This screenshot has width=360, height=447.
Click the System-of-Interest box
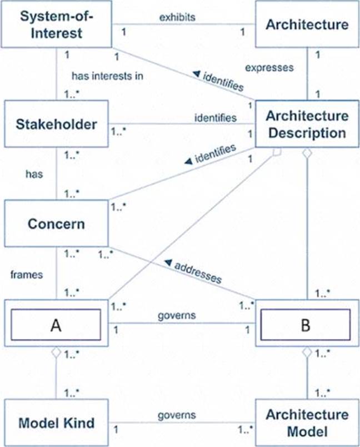click(x=57, y=24)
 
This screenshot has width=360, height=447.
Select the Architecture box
click(x=307, y=24)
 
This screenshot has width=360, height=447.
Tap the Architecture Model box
click(x=307, y=423)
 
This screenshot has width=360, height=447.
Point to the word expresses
click(x=268, y=68)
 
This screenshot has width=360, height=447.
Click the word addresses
click(x=198, y=272)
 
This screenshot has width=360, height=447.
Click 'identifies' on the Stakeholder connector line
click(x=215, y=118)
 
